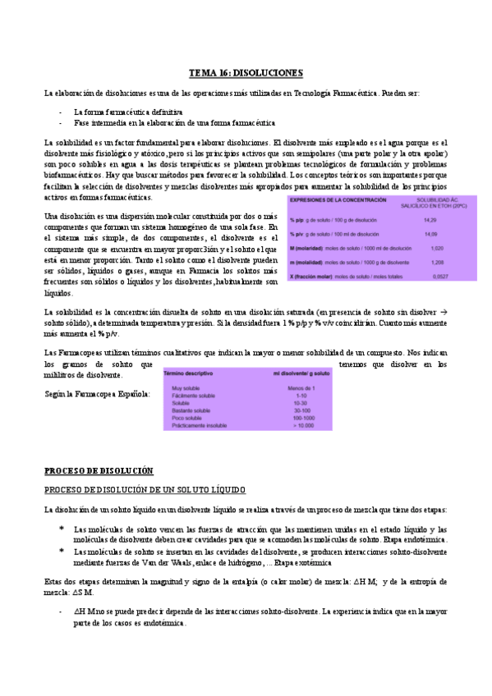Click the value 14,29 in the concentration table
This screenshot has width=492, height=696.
430,220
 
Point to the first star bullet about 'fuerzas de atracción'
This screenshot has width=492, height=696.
62,529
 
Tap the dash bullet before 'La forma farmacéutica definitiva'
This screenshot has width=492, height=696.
62,110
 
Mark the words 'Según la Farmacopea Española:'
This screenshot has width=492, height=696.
97,394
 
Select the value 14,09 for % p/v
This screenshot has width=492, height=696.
430,234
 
